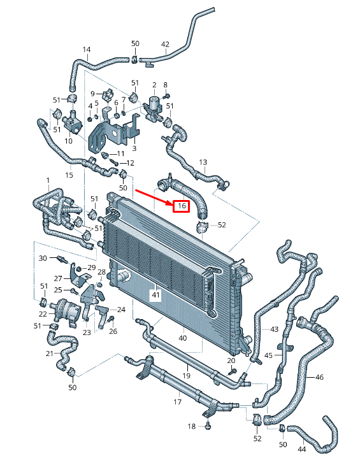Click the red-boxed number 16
[181, 206]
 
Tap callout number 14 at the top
[87, 50]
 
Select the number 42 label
[165, 44]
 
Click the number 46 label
[319, 377]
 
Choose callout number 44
[301, 450]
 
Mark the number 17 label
[178, 403]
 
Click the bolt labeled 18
[209, 426]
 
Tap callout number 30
[43, 258]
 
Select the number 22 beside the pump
[43, 313]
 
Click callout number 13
[203, 162]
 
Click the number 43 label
[274, 329]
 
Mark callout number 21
[50, 354]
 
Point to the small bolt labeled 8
[165, 96]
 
